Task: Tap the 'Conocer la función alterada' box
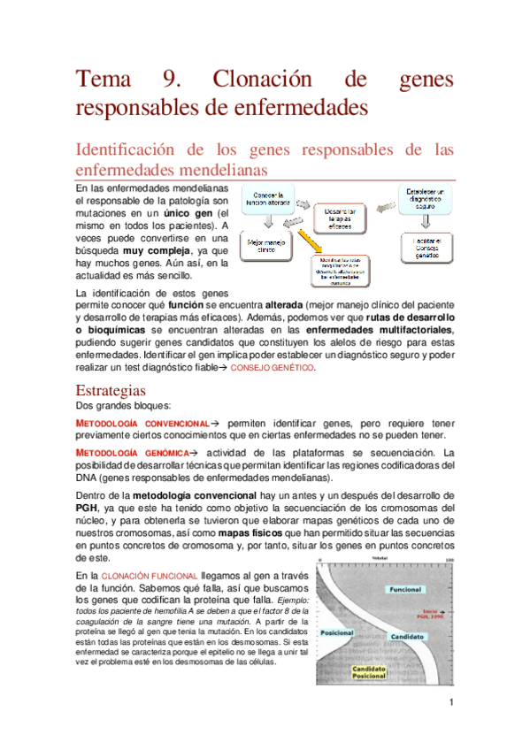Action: (268, 199)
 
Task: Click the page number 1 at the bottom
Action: (450, 704)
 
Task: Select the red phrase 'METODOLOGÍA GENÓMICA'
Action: (128, 453)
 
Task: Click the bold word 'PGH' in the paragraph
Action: (87, 508)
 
